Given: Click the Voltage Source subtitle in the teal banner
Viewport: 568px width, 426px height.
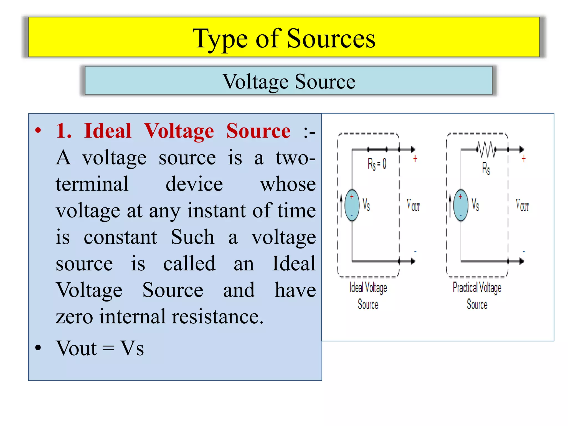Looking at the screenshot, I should [x=289, y=82].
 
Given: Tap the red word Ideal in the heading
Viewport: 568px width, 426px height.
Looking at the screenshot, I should [x=108, y=131].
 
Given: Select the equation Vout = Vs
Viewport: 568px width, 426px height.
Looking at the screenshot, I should [x=100, y=348].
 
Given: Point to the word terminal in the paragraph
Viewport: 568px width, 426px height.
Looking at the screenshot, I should [x=92, y=184].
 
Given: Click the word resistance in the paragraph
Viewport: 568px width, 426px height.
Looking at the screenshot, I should [x=217, y=316].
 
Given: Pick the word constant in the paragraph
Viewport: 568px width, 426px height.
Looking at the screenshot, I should [x=120, y=237].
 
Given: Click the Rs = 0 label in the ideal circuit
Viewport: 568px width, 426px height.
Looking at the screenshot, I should [x=377, y=164].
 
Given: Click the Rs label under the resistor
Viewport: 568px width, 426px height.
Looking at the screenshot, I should [x=486, y=168].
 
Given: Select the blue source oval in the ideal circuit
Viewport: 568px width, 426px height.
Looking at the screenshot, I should [x=352, y=205].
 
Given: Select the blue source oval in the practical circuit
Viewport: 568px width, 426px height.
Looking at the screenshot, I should [x=461, y=205].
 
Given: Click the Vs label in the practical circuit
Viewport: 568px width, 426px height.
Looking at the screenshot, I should [x=475, y=204].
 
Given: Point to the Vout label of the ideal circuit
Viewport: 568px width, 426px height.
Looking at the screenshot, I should [x=413, y=205].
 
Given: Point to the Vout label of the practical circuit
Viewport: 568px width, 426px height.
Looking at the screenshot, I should [x=522, y=205].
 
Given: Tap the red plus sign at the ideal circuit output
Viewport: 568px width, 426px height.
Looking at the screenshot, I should [x=415, y=159].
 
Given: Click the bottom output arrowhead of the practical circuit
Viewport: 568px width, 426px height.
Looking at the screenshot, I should [x=522, y=261].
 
